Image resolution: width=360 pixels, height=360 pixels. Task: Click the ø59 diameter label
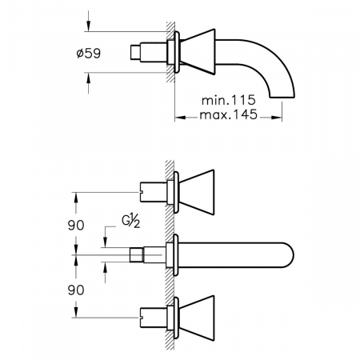point(89,54)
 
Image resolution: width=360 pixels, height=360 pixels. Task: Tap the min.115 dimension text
point(229,100)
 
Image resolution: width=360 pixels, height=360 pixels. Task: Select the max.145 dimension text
point(229,114)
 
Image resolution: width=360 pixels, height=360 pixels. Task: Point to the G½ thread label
point(131,222)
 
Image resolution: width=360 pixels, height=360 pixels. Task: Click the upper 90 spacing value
point(76,225)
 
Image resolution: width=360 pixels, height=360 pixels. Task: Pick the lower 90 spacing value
point(76,290)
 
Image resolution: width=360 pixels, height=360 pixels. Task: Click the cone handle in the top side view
point(198,52)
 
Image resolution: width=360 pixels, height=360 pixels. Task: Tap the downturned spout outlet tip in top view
point(282,97)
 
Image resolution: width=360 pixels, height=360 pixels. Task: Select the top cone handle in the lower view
point(196,192)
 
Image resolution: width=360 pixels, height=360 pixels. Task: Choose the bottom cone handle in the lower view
point(196,318)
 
